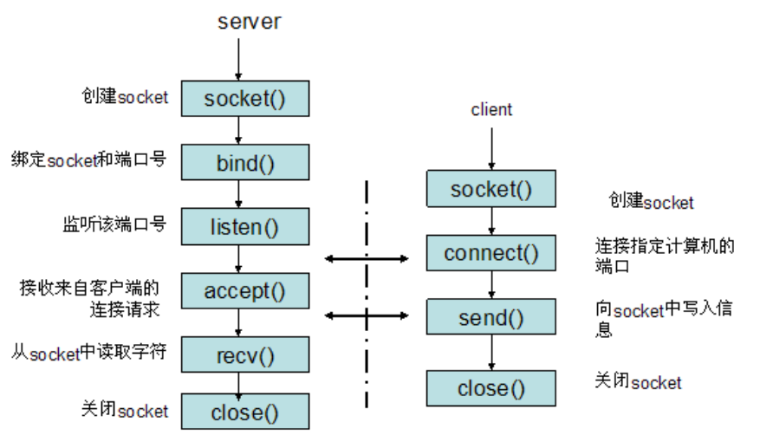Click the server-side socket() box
coord(244,99)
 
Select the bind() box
coord(244,162)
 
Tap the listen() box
coord(244,227)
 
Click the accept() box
coord(244,291)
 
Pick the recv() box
coord(244,354)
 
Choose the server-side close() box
coord(244,412)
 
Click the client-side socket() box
coord(490,189)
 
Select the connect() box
coord(490,253)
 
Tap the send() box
coord(490,317)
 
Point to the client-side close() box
coord(490,388)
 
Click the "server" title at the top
coord(249,21)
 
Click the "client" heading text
coord(491,110)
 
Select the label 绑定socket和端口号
coord(88,160)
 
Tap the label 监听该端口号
coord(107,225)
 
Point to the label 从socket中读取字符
coord(88,353)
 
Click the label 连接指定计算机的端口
coord(664,256)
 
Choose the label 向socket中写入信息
coord(664,319)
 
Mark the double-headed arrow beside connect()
coord(366,258)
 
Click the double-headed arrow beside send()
coord(366,315)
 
